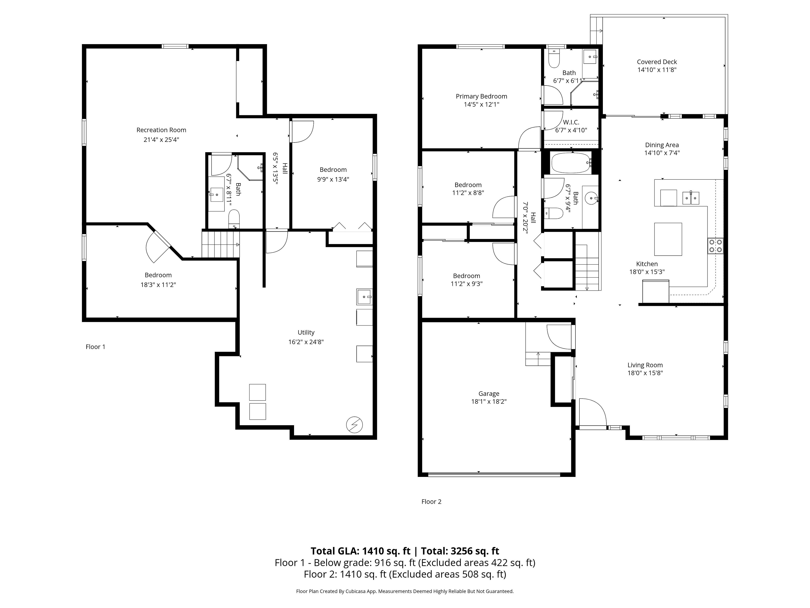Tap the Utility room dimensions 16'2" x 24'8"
pyautogui.click(x=306, y=342)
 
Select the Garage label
pyautogui.click(x=489, y=394)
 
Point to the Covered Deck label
pyautogui.click(x=657, y=62)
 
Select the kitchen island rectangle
pyautogui.click(x=668, y=239)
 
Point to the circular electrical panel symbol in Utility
pyautogui.click(x=354, y=425)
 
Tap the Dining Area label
pyautogui.click(x=662, y=145)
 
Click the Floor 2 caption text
pyautogui.click(x=431, y=502)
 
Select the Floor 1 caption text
pyautogui.click(x=95, y=347)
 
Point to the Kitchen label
pyautogui.click(x=647, y=264)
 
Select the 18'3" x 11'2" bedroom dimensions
pyautogui.click(x=158, y=285)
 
